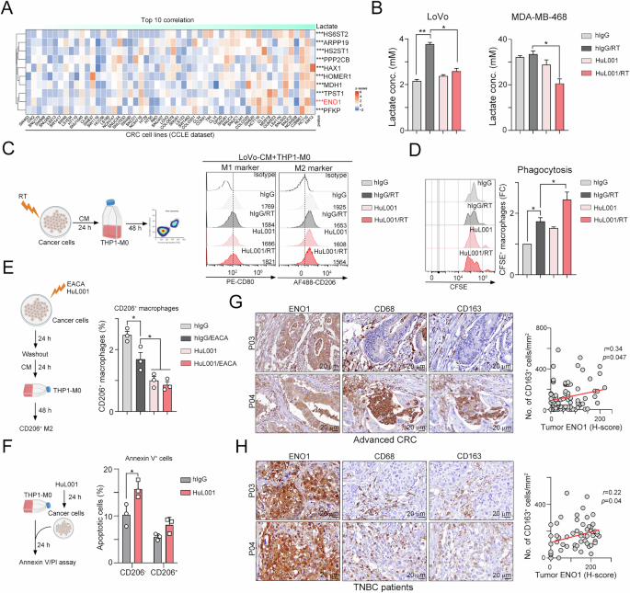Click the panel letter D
pos(417,148)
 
